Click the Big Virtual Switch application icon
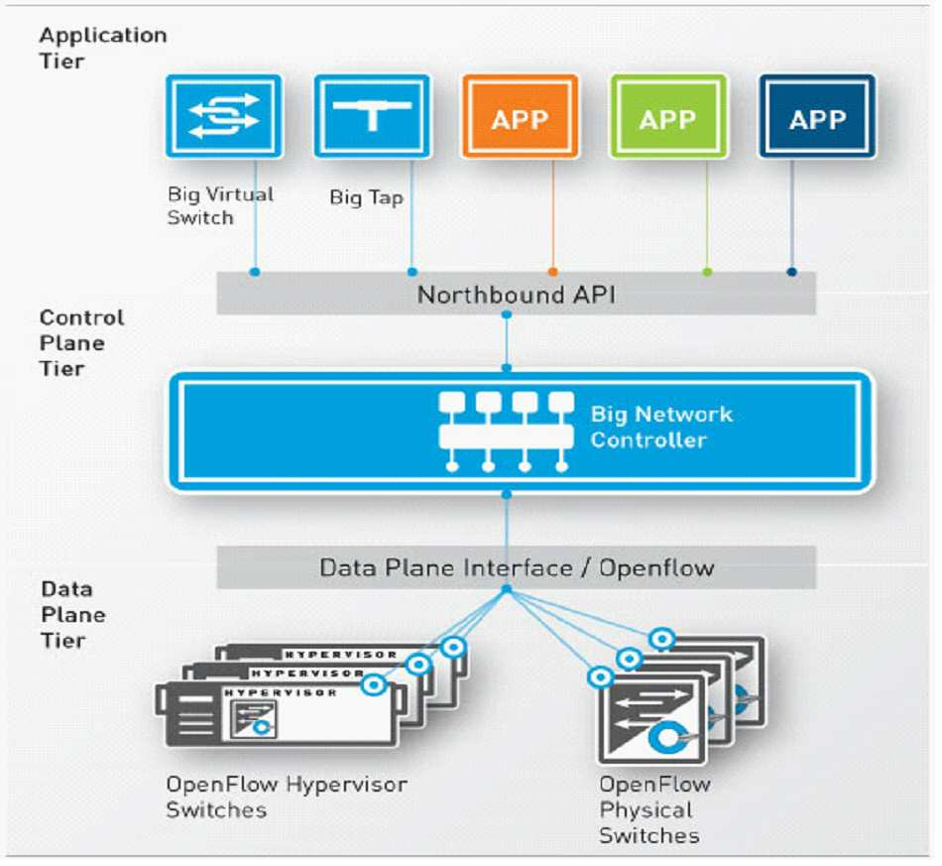tap(224, 116)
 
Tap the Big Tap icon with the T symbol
tap(373, 116)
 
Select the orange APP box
tap(521, 116)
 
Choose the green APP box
tap(668, 116)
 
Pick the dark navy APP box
tap(817, 116)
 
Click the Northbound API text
tap(516, 295)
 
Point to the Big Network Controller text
tap(661, 427)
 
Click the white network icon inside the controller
tap(507, 432)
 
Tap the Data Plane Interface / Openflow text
tap(517, 568)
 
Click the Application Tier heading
tap(103, 48)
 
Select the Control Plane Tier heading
tap(81, 343)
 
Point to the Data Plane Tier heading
tap(73, 615)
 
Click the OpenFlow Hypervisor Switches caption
tap(287, 798)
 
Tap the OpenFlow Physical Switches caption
tap(654, 810)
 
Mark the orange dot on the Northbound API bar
tap(553, 272)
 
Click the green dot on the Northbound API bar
tap(708, 272)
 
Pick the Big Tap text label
tap(367, 197)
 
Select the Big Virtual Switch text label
tap(220, 205)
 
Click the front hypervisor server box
tap(281, 715)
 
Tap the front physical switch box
tap(651, 720)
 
